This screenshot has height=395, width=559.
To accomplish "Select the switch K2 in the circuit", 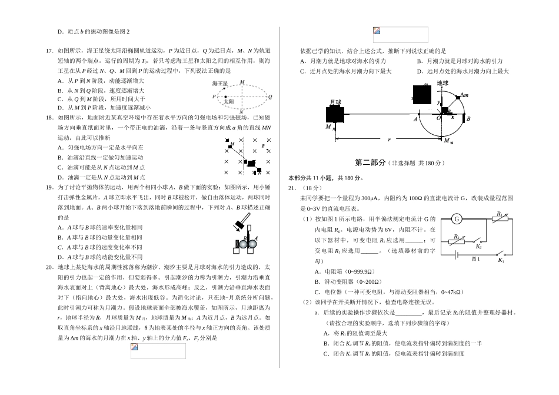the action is (479, 246).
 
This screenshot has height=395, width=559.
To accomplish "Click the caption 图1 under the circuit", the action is (475, 259).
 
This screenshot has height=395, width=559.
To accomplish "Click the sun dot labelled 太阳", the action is (225, 97).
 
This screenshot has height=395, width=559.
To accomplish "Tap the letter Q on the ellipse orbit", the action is (269, 96).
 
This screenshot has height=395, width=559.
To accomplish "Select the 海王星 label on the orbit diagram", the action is (219, 84).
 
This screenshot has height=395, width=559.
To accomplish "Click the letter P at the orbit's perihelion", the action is (214, 96).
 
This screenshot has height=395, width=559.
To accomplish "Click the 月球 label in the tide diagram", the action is (335, 102).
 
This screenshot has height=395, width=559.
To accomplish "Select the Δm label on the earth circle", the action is (464, 95).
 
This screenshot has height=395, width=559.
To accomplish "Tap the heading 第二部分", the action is (371, 162).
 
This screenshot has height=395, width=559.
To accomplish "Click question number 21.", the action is (292, 188).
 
